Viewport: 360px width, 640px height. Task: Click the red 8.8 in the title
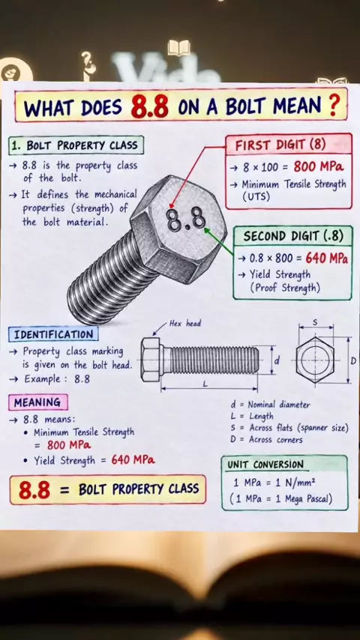[x=149, y=106]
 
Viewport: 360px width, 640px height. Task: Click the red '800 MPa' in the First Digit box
[x=318, y=166]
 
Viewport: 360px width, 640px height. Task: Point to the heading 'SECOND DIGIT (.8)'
[x=293, y=236]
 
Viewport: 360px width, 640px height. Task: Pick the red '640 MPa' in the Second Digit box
[x=326, y=258]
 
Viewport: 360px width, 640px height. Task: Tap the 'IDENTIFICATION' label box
[x=53, y=335]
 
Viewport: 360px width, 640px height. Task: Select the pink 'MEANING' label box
[x=37, y=402]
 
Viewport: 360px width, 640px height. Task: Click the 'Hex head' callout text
[x=185, y=324]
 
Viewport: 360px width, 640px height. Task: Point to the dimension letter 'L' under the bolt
[x=205, y=384]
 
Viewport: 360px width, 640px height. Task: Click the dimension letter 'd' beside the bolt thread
[x=277, y=360]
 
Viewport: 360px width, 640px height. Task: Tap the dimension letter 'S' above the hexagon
[x=315, y=322]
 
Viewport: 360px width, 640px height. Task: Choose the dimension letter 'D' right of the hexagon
[x=353, y=360]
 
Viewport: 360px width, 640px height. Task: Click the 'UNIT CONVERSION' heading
[x=265, y=465]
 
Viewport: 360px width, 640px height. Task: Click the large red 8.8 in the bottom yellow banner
[x=34, y=490]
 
